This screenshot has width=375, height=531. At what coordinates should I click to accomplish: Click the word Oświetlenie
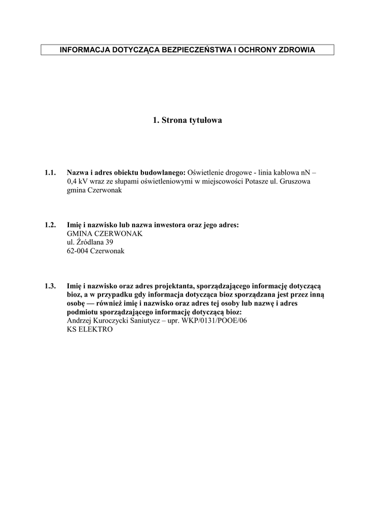206,172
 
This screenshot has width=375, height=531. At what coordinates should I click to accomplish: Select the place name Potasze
256,181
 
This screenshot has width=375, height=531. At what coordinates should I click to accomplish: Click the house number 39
109,242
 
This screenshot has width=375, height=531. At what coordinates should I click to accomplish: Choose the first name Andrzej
80,321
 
